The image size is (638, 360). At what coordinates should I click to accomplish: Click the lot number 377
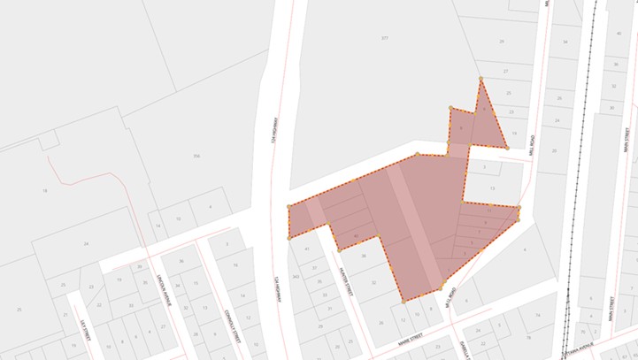click(x=384, y=38)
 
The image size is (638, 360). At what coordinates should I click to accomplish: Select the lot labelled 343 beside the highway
click(x=296, y=277)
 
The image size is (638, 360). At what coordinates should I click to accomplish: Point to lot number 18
click(x=44, y=190)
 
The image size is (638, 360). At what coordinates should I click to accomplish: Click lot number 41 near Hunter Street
click(x=307, y=249)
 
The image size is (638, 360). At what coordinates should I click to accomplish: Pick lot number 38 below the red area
click(x=364, y=256)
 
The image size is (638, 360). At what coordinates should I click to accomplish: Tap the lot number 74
click(x=536, y=315)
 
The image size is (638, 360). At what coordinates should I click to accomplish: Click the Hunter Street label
click(x=346, y=281)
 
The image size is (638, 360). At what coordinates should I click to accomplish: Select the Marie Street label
click(x=410, y=336)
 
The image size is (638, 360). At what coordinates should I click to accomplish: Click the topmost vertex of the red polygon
click(x=480, y=80)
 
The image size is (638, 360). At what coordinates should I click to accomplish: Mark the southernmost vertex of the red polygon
click(x=404, y=302)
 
